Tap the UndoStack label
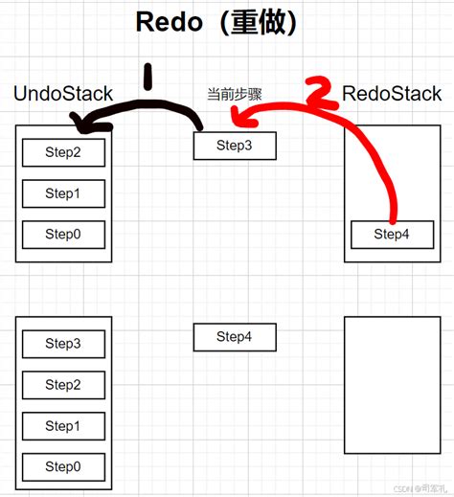[x=63, y=94]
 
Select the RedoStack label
[x=392, y=94]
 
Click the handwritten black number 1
[x=147, y=79]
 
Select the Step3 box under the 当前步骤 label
[x=235, y=146]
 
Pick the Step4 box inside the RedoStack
[x=391, y=234]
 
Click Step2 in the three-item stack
[x=62, y=152]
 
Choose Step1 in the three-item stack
[x=62, y=193]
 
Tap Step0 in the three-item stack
[x=62, y=235]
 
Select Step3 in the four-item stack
[x=62, y=343]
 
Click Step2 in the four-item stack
[x=62, y=384]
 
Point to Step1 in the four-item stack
[x=62, y=426]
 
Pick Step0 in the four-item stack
[x=62, y=467]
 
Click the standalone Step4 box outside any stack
[x=235, y=336]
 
